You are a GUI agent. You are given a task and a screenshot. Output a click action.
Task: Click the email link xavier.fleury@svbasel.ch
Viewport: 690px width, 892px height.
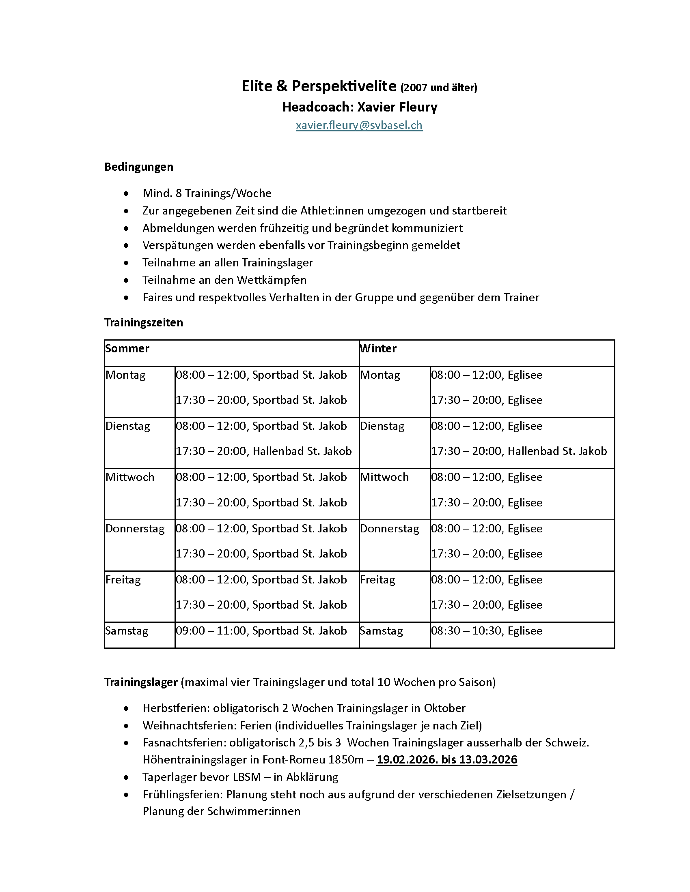[x=359, y=125]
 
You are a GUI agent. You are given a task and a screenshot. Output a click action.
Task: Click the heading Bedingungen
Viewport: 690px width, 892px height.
[x=138, y=167]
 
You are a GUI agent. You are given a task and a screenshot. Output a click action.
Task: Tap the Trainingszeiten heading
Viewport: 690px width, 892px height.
[x=143, y=322]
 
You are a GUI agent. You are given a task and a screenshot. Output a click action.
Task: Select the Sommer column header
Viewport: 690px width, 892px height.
[x=127, y=348]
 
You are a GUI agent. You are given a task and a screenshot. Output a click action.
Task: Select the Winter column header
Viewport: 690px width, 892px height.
[x=378, y=348]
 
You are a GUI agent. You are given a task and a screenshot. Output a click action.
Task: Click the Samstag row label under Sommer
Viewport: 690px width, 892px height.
[x=127, y=630]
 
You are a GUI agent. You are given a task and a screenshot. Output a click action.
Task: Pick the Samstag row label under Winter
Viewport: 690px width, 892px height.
[x=382, y=630]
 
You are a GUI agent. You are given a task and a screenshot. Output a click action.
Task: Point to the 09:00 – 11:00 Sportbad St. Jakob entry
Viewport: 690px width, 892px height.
[x=261, y=630]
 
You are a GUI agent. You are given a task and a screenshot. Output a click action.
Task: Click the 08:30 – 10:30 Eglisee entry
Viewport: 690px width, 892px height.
[x=486, y=630]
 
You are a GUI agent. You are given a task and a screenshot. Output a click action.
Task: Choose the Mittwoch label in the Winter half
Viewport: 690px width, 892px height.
[x=384, y=477]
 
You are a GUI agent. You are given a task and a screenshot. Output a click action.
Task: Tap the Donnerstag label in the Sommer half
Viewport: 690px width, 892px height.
[x=135, y=528]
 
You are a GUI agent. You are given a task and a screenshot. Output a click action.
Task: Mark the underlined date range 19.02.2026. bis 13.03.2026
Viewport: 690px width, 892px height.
[x=447, y=760]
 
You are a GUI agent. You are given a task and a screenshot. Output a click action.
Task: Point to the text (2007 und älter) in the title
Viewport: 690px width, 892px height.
[x=439, y=88]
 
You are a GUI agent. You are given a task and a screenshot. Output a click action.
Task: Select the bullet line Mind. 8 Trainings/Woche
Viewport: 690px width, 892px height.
[x=207, y=193]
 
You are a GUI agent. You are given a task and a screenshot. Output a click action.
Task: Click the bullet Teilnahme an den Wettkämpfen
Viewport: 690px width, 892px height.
[x=224, y=280]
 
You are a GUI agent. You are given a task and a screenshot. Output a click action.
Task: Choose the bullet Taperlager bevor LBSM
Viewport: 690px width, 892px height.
[x=240, y=777]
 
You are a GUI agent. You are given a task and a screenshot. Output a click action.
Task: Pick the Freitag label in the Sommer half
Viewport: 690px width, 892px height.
[x=123, y=579]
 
